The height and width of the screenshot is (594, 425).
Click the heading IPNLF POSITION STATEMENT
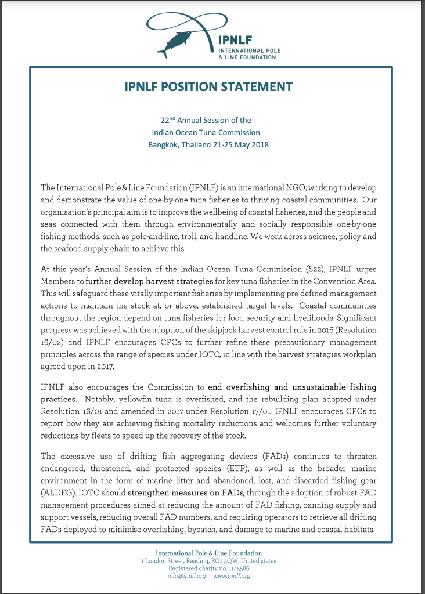[208, 87]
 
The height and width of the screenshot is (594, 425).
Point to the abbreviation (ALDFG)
[59, 492]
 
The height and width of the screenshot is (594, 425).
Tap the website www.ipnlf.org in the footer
[232, 576]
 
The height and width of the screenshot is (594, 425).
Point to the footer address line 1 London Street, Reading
[183, 561]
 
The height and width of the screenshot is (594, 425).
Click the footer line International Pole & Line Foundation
[208, 553]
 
